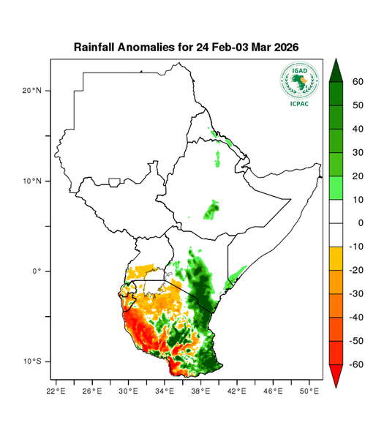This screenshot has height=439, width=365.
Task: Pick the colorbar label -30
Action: click(350, 293)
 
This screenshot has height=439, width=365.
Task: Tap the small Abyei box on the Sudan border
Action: click(114, 181)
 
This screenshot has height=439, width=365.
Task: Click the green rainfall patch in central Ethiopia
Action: click(212, 211)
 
